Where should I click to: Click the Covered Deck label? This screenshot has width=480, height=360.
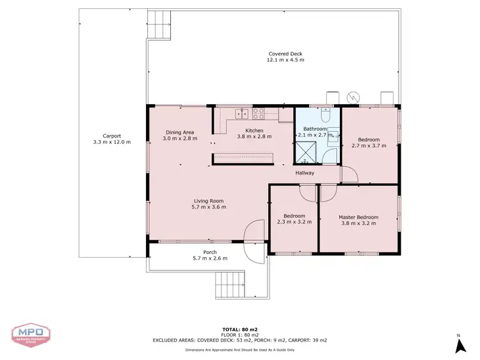(285, 54)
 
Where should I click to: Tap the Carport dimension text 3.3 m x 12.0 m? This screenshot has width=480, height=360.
(112, 142)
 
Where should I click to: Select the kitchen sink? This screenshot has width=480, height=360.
(241, 114)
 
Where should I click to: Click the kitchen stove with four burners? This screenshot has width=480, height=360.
(259, 114)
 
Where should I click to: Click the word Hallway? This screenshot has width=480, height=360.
(305, 173)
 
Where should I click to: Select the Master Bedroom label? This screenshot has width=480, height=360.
(358, 217)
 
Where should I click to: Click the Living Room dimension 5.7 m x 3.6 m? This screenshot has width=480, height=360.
(209, 207)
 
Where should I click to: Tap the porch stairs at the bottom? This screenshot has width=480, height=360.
(229, 286)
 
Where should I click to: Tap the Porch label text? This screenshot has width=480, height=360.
(209, 252)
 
